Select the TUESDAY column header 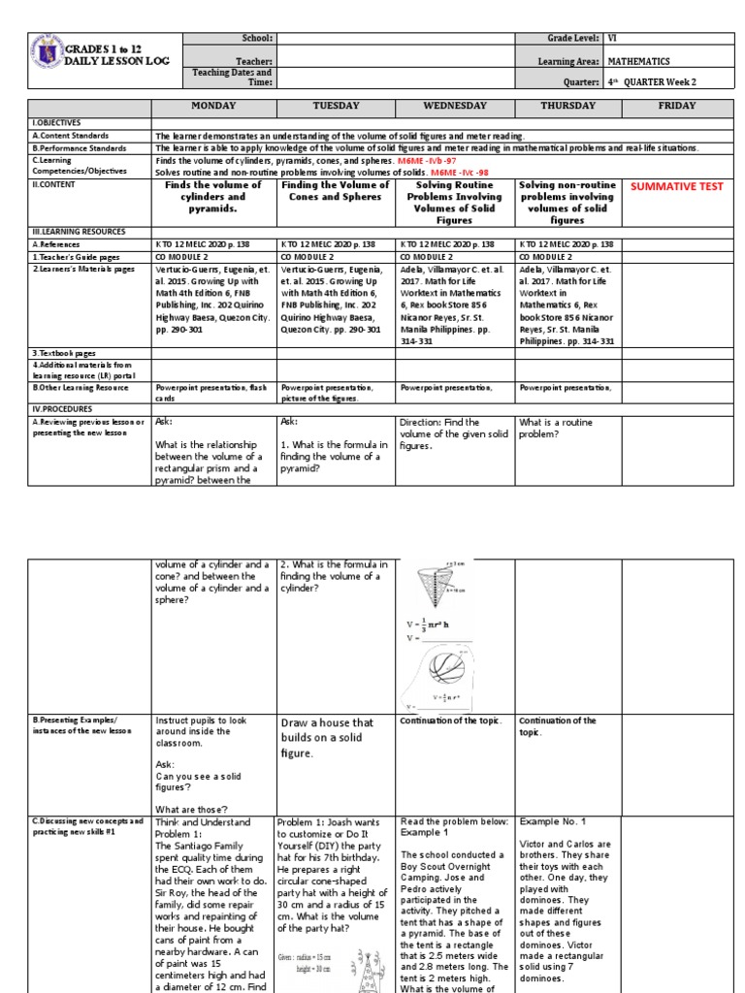(x=336, y=106)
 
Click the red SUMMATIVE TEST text (x=676, y=186)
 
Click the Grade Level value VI (x=612, y=38)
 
